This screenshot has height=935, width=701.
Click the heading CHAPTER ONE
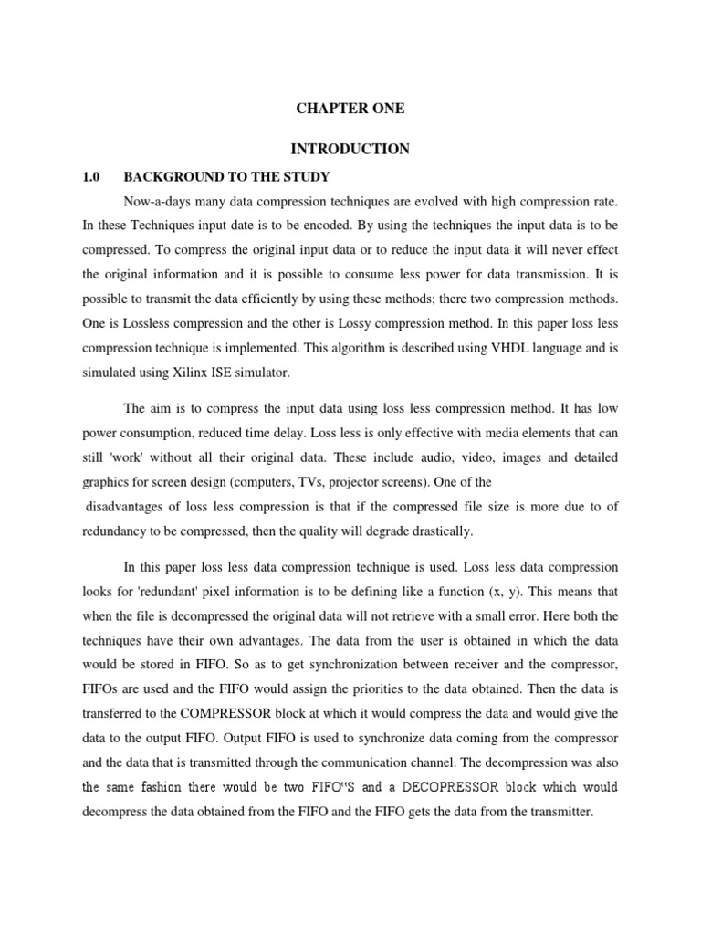[x=350, y=109]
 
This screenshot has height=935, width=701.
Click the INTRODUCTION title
[x=350, y=149]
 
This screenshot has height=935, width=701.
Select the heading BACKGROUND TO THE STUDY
[x=226, y=175]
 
